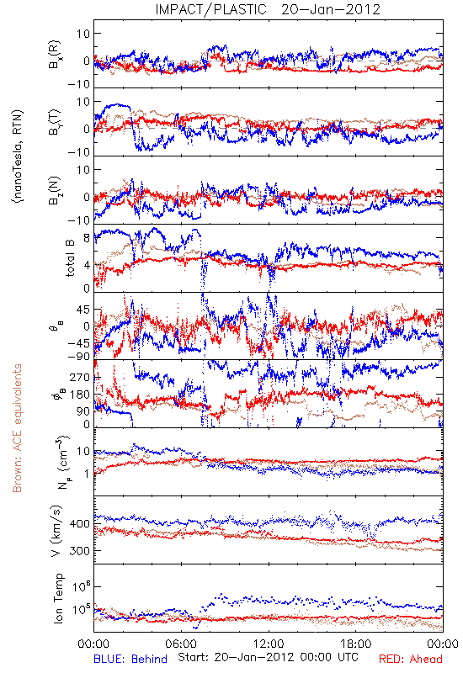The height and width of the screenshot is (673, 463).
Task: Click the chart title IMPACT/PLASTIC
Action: (x=210, y=9)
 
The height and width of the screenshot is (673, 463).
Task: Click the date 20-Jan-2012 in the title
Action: (x=331, y=9)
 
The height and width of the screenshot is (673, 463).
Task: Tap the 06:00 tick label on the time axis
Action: (x=181, y=644)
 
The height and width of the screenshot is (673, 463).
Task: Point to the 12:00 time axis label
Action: (x=269, y=644)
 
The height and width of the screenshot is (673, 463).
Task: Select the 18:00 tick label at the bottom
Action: (x=356, y=644)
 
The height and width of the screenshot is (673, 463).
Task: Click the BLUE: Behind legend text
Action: (x=130, y=659)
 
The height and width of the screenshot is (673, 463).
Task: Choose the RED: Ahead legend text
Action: (x=410, y=659)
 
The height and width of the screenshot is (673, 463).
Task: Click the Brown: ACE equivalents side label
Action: (x=17, y=428)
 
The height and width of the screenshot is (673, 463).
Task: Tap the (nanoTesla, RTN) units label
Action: (x=18, y=156)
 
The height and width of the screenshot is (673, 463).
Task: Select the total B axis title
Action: (x=70, y=258)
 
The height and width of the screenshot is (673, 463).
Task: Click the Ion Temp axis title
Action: (x=58, y=598)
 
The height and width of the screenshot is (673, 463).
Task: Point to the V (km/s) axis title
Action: (x=57, y=531)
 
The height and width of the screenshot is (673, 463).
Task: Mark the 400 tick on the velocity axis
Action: (x=81, y=523)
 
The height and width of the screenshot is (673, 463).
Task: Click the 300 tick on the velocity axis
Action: (x=81, y=551)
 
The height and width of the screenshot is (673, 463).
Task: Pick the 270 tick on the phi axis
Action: (x=81, y=378)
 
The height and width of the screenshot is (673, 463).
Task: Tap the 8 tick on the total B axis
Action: (x=87, y=238)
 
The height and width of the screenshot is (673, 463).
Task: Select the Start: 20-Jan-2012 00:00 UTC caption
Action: (x=268, y=657)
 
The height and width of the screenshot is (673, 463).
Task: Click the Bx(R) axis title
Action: (x=55, y=55)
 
